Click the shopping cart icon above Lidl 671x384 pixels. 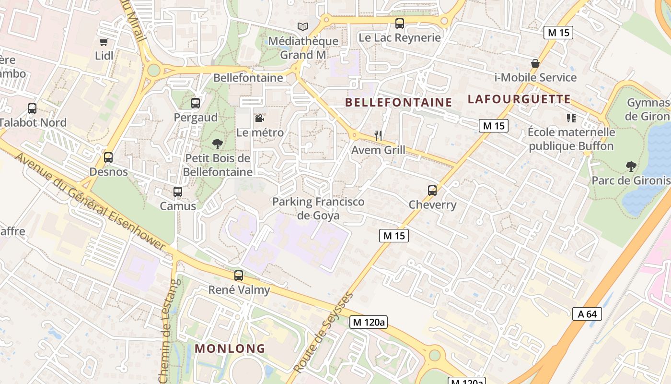point(104,42)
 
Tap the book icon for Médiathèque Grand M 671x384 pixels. point(302,26)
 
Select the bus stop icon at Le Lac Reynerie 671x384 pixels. point(399,23)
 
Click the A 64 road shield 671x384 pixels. point(587,314)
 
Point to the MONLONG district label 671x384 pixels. point(230,348)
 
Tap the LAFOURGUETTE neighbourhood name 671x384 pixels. point(519,99)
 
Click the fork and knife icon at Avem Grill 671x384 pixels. point(378,136)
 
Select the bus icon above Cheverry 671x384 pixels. point(432,191)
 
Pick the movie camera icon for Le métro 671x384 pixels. point(259,118)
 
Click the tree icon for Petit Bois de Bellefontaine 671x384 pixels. point(218,144)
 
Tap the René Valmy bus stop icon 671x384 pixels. point(239,276)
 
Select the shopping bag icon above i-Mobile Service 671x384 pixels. point(535,63)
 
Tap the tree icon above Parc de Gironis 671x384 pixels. point(631,167)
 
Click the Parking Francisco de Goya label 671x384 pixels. point(318,208)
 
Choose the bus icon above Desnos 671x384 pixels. point(108,157)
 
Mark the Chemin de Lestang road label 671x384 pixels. point(166,331)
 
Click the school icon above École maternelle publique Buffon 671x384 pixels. point(571,118)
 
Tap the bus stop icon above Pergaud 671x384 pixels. point(195,103)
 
